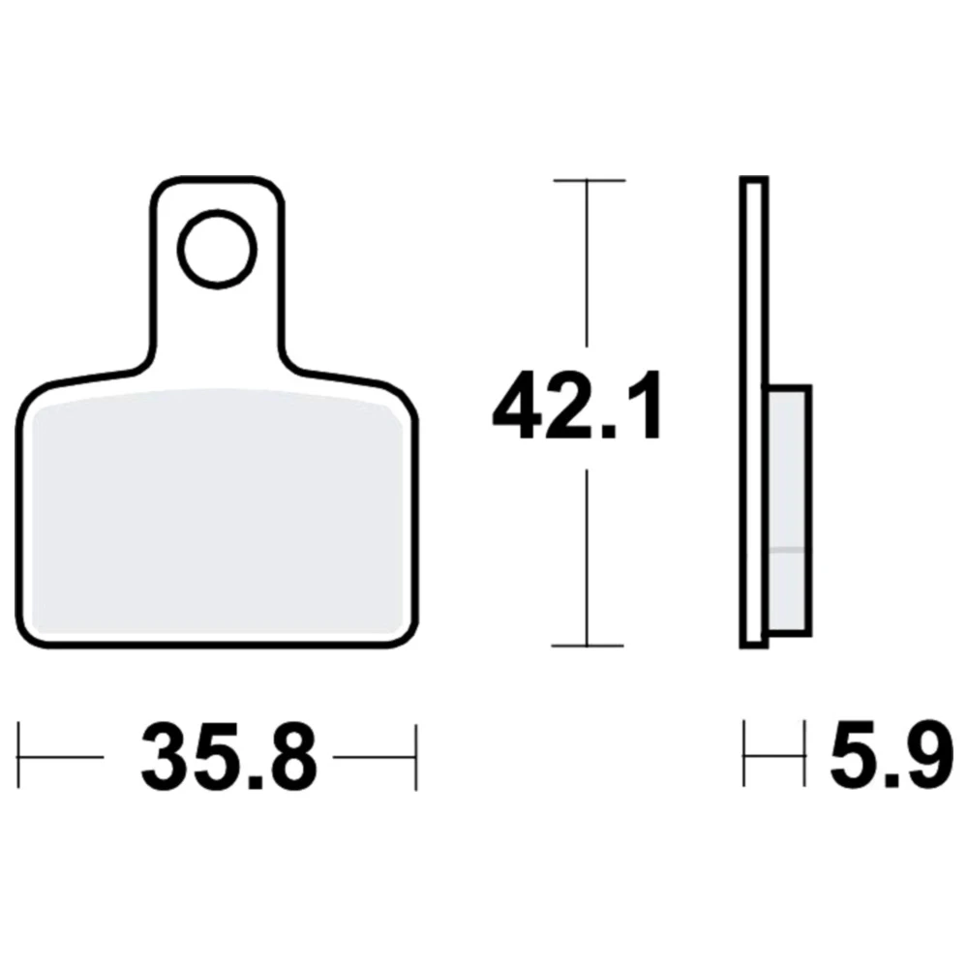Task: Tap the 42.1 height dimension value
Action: pyautogui.click(x=577, y=406)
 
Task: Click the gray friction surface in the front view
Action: pyautogui.click(x=217, y=511)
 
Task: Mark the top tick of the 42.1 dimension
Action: pyautogui.click(x=590, y=180)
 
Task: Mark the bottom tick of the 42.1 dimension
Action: pyautogui.click(x=588, y=646)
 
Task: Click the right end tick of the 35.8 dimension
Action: pyautogui.click(x=416, y=757)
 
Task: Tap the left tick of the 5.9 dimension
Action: pyautogui.click(x=743, y=753)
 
